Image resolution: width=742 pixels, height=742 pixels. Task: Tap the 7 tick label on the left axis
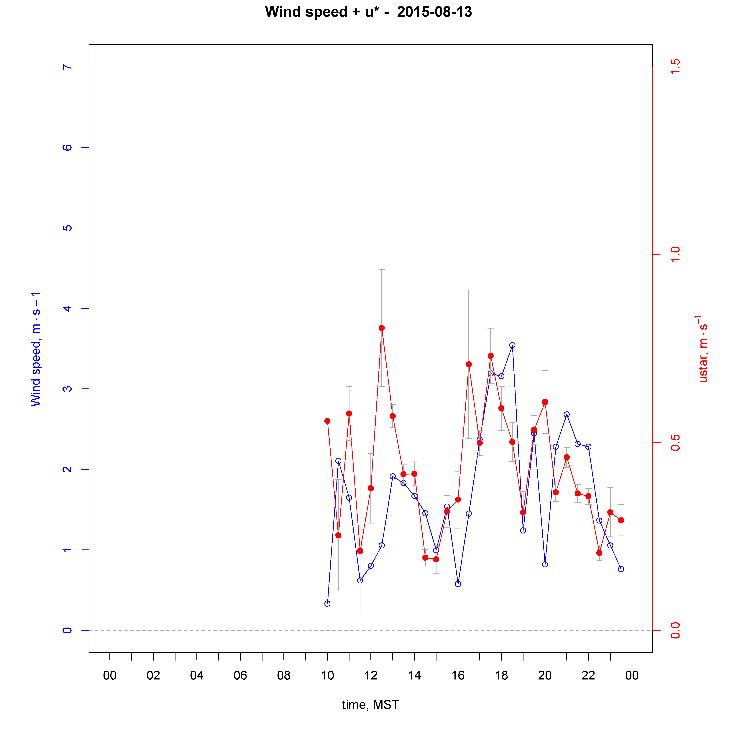[67, 67]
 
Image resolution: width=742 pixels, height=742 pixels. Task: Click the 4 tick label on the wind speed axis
[67, 308]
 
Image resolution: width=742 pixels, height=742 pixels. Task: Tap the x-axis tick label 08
[284, 675]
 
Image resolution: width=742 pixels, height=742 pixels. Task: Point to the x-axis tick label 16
[458, 675]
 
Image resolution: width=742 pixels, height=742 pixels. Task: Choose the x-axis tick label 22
[588, 675]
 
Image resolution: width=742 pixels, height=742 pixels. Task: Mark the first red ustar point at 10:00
[327, 421]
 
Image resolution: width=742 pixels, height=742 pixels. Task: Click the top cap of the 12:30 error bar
[382, 270]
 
